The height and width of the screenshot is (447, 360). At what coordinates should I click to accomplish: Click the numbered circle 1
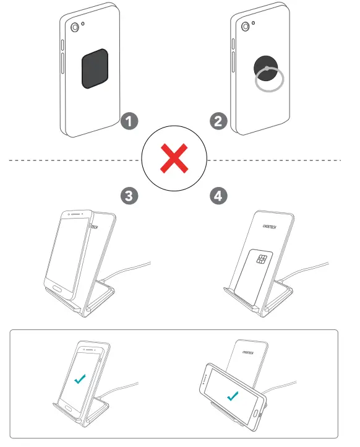tap(128, 121)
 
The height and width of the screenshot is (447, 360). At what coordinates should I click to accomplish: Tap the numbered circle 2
tap(218, 121)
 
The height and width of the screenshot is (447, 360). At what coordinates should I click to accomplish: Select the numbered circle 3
tap(128, 196)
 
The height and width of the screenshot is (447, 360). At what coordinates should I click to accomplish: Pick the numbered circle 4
tap(218, 196)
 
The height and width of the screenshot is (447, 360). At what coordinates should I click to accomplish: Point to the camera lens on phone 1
tap(75, 28)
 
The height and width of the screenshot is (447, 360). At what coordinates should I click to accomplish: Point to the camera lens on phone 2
tap(246, 27)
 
